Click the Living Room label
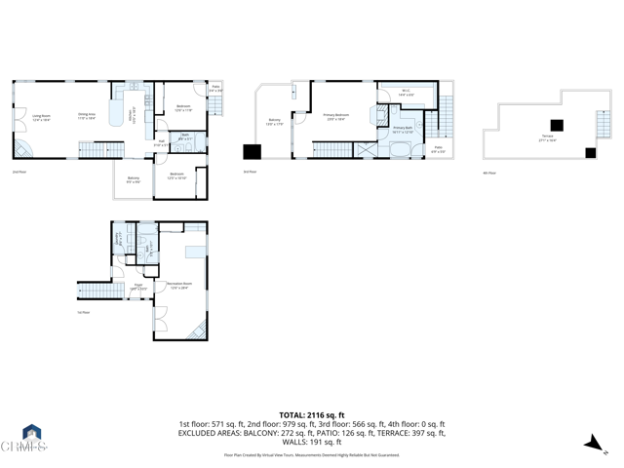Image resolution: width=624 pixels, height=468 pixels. click(x=41, y=117)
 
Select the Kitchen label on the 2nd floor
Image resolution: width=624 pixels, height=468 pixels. click(x=135, y=117)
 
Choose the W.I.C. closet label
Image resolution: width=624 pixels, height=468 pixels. click(x=407, y=95)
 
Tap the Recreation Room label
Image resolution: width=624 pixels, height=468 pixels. click(x=178, y=285)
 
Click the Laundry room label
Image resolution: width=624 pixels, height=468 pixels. click(x=120, y=238)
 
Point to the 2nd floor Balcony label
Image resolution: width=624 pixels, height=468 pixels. click(x=133, y=179)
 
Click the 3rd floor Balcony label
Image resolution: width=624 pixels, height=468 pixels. click(x=274, y=122)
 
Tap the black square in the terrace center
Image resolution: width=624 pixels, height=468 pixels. click(x=556, y=124)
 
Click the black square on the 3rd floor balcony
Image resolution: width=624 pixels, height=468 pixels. click(x=253, y=151)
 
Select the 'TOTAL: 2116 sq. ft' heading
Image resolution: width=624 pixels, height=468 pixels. click(x=312, y=414)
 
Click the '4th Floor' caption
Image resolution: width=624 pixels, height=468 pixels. click(x=489, y=173)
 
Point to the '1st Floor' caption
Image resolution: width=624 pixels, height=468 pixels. click(x=84, y=313)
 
